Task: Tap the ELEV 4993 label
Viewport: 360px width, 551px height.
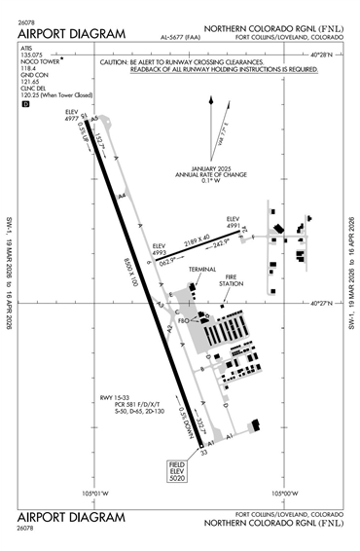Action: (162, 249)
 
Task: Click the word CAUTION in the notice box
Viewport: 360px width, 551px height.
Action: (120, 60)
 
